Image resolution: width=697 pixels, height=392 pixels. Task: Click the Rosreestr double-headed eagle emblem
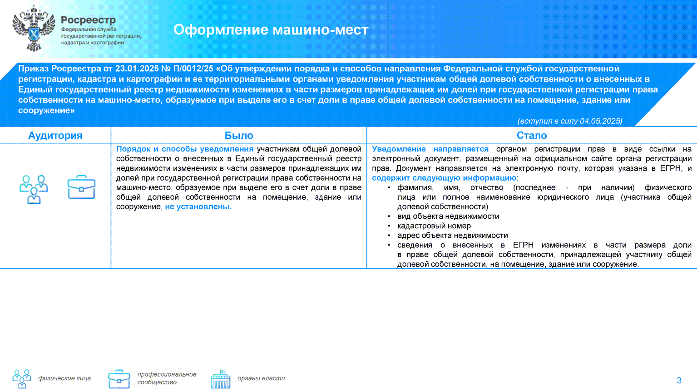(34, 28)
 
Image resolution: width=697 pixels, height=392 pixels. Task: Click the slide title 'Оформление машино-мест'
(271, 30)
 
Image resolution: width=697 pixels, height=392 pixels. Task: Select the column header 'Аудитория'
(55, 136)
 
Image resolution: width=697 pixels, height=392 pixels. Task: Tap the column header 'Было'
(239, 136)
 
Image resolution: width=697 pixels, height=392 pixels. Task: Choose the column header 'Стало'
(532, 136)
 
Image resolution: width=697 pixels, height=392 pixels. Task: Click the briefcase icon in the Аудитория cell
(81, 187)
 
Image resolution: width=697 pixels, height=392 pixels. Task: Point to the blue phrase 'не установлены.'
(198, 207)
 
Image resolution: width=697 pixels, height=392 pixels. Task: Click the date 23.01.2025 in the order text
(137, 69)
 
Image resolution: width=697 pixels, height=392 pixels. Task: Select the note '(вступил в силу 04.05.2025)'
(570, 121)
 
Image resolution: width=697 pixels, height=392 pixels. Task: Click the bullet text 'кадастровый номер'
(434, 226)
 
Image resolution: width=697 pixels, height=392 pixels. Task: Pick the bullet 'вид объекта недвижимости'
(448, 216)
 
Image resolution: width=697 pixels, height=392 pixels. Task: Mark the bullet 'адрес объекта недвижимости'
(452, 235)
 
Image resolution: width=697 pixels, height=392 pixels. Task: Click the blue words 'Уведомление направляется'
(430, 149)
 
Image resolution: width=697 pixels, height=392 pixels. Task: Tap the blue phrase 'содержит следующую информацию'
(444, 178)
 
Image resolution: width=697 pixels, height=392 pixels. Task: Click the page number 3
(679, 380)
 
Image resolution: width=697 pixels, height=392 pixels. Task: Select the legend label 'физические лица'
(64, 378)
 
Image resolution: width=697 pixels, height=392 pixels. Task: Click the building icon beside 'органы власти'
(221, 379)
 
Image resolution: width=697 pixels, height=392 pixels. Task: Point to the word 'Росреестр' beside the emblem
(88, 20)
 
